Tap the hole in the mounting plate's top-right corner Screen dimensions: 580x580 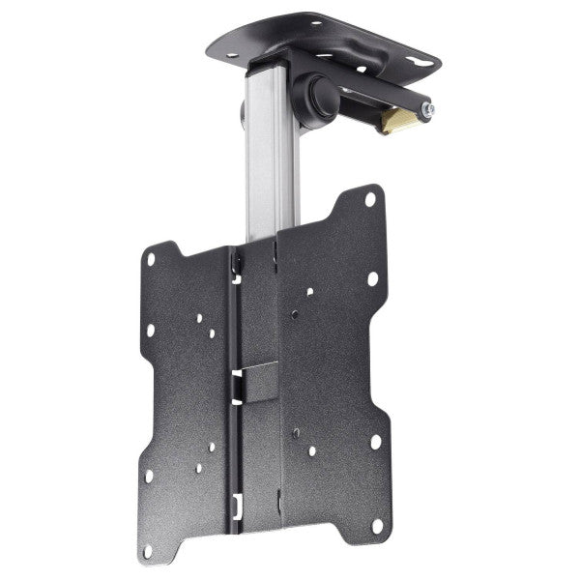pyautogui.click(x=370, y=200)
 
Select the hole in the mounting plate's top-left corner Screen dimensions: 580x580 pyautogui.click(x=150, y=257)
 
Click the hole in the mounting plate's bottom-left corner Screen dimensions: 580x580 pyautogui.click(x=148, y=552)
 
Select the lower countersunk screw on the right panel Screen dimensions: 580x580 pyautogui.click(x=295, y=434)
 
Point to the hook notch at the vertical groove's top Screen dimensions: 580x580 pyautogui.click(x=234, y=258)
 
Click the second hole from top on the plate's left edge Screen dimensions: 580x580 pyautogui.click(x=150, y=330)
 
